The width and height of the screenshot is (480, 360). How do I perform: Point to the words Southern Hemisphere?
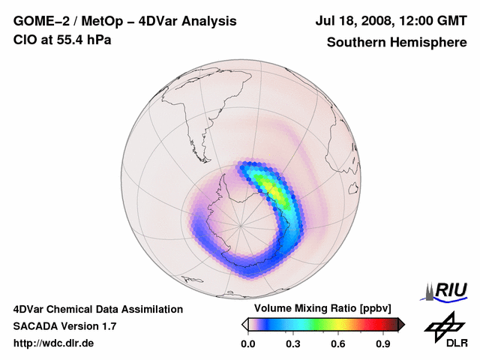click(x=396, y=42)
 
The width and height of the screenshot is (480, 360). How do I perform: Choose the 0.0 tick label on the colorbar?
click(x=248, y=344)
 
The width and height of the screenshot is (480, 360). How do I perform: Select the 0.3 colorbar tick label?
click(x=294, y=344)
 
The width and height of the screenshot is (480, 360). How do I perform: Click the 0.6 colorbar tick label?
click(x=339, y=344)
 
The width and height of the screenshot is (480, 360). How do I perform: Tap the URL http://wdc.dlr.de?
click(x=54, y=343)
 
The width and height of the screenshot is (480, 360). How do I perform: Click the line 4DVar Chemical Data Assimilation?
click(x=97, y=309)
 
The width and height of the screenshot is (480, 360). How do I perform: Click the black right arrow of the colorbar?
click(x=402, y=324)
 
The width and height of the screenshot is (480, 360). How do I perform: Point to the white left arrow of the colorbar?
click(x=244, y=324)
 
